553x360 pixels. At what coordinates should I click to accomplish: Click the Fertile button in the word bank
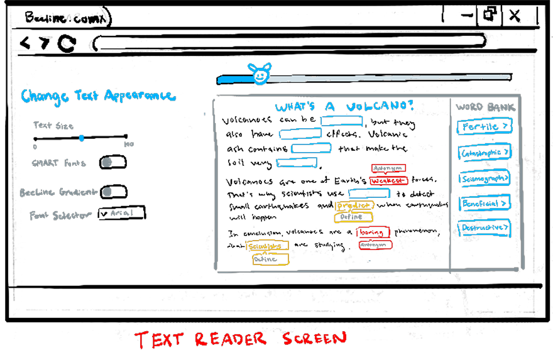tap(484, 127)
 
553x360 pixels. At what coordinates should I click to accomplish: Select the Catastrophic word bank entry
tap(484, 153)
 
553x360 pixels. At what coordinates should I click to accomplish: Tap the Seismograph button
tap(484, 178)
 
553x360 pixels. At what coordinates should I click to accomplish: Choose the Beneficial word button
tap(484, 204)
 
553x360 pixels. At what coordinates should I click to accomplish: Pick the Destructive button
tap(484, 227)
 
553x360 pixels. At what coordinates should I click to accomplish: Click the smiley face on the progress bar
tap(259, 75)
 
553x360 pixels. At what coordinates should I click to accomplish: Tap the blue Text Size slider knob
tap(82, 138)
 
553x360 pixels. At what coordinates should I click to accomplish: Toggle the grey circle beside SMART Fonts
tap(107, 163)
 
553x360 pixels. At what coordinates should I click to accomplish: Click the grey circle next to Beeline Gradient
tap(107, 192)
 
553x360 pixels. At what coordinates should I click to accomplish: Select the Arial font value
tap(122, 213)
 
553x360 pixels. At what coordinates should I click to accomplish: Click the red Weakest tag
tap(388, 181)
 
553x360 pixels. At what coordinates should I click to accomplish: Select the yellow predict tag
tap(355, 206)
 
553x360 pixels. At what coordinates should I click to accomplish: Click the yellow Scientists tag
tap(267, 246)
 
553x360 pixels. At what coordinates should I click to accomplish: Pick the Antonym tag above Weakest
tap(388, 168)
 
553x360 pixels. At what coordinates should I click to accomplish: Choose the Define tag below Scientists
tap(270, 259)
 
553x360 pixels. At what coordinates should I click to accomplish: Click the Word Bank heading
tap(485, 107)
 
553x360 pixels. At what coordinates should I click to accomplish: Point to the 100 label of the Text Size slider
tap(129, 145)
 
